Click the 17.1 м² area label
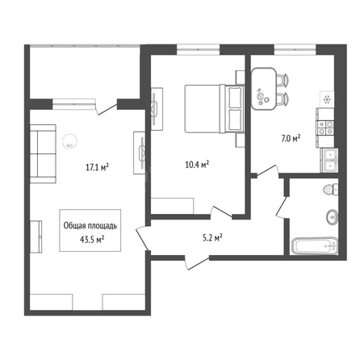[x=97, y=167]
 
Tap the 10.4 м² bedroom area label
[x=197, y=164]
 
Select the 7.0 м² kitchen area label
[x=291, y=139]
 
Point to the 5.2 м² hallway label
[x=212, y=237]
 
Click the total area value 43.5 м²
[x=92, y=239]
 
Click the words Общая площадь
[x=90, y=225]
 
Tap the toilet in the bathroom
[x=331, y=189]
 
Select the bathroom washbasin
[x=333, y=216]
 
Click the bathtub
[x=315, y=245]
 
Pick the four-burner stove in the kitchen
[x=325, y=128]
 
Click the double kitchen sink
[x=329, y=161]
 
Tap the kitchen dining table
[x=264, y=89]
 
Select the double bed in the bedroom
[x=214, y=108]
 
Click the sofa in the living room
[x=43, y=153]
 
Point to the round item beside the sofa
[x=70, y=141]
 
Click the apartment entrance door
[x=197, y=262]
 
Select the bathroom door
[x=283, y=207]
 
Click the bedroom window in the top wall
[x=199, y=49]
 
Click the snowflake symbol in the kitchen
[x=327, y=100]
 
